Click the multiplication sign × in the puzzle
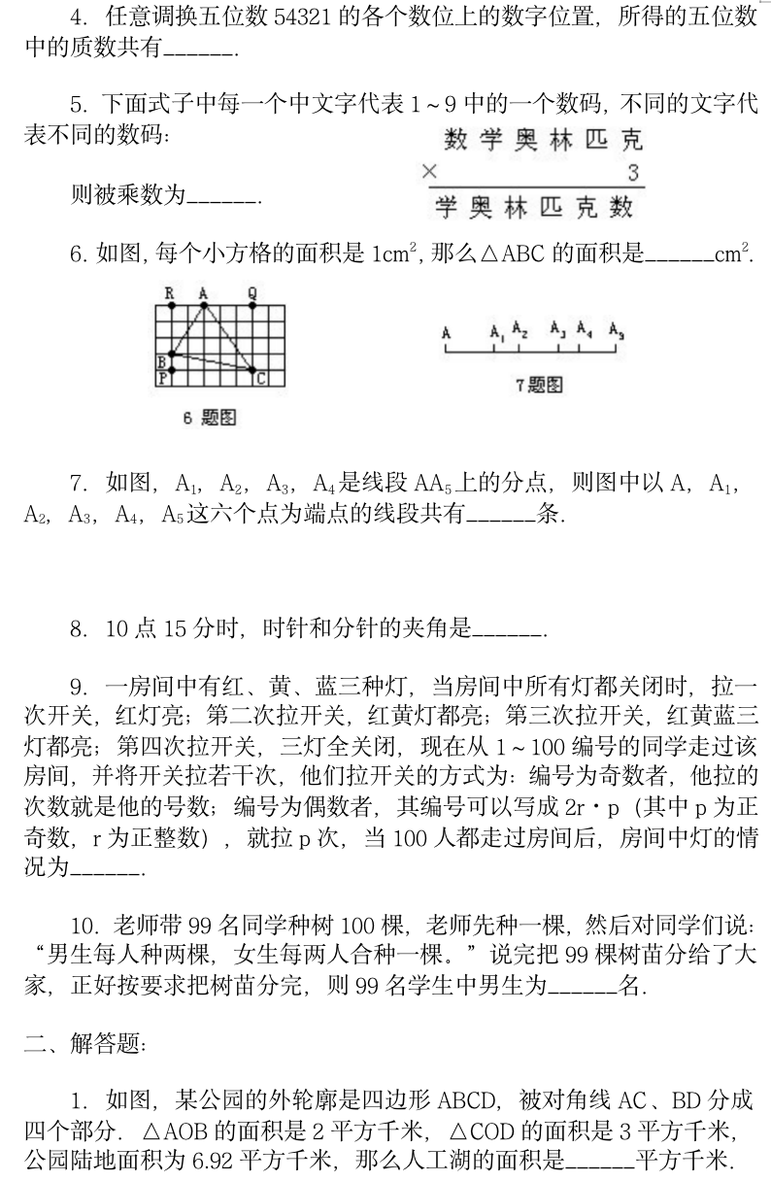point(431,172)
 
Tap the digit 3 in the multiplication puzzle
point(633,174)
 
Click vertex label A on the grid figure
point(203,291)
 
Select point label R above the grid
point(170,291)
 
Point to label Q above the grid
point(252,291)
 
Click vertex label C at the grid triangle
point(261,379)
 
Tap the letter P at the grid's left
point(162,380)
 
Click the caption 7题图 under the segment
point(539,385)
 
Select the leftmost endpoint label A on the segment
point(447,332)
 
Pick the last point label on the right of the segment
point(617,331)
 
